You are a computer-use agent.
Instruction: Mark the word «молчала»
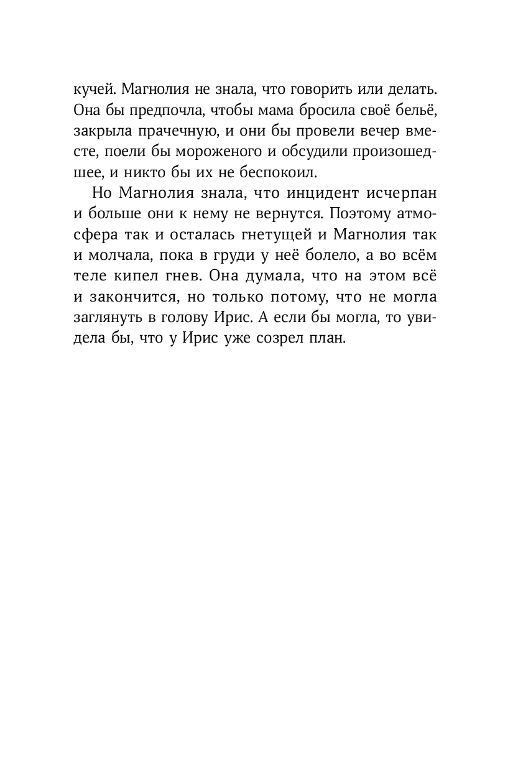coord(118,259)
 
